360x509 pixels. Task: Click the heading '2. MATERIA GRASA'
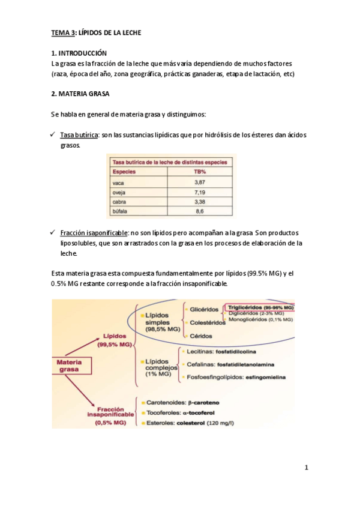click(80, 94)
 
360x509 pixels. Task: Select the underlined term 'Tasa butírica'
click(80, 135)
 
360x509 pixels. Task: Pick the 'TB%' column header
click(200, 171)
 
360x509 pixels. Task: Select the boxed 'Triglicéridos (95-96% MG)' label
click(259, 307)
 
